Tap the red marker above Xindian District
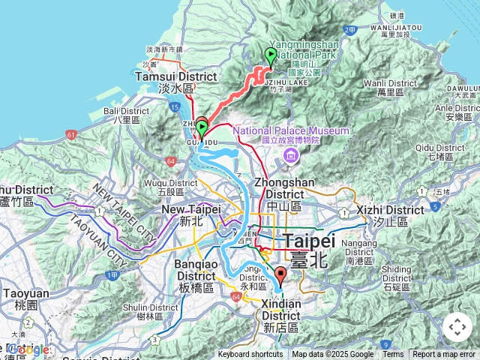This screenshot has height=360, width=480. point(280,275)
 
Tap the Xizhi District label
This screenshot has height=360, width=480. point(390,215)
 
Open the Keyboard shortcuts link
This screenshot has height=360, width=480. point(250,355)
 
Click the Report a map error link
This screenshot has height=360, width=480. point(445,355)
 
